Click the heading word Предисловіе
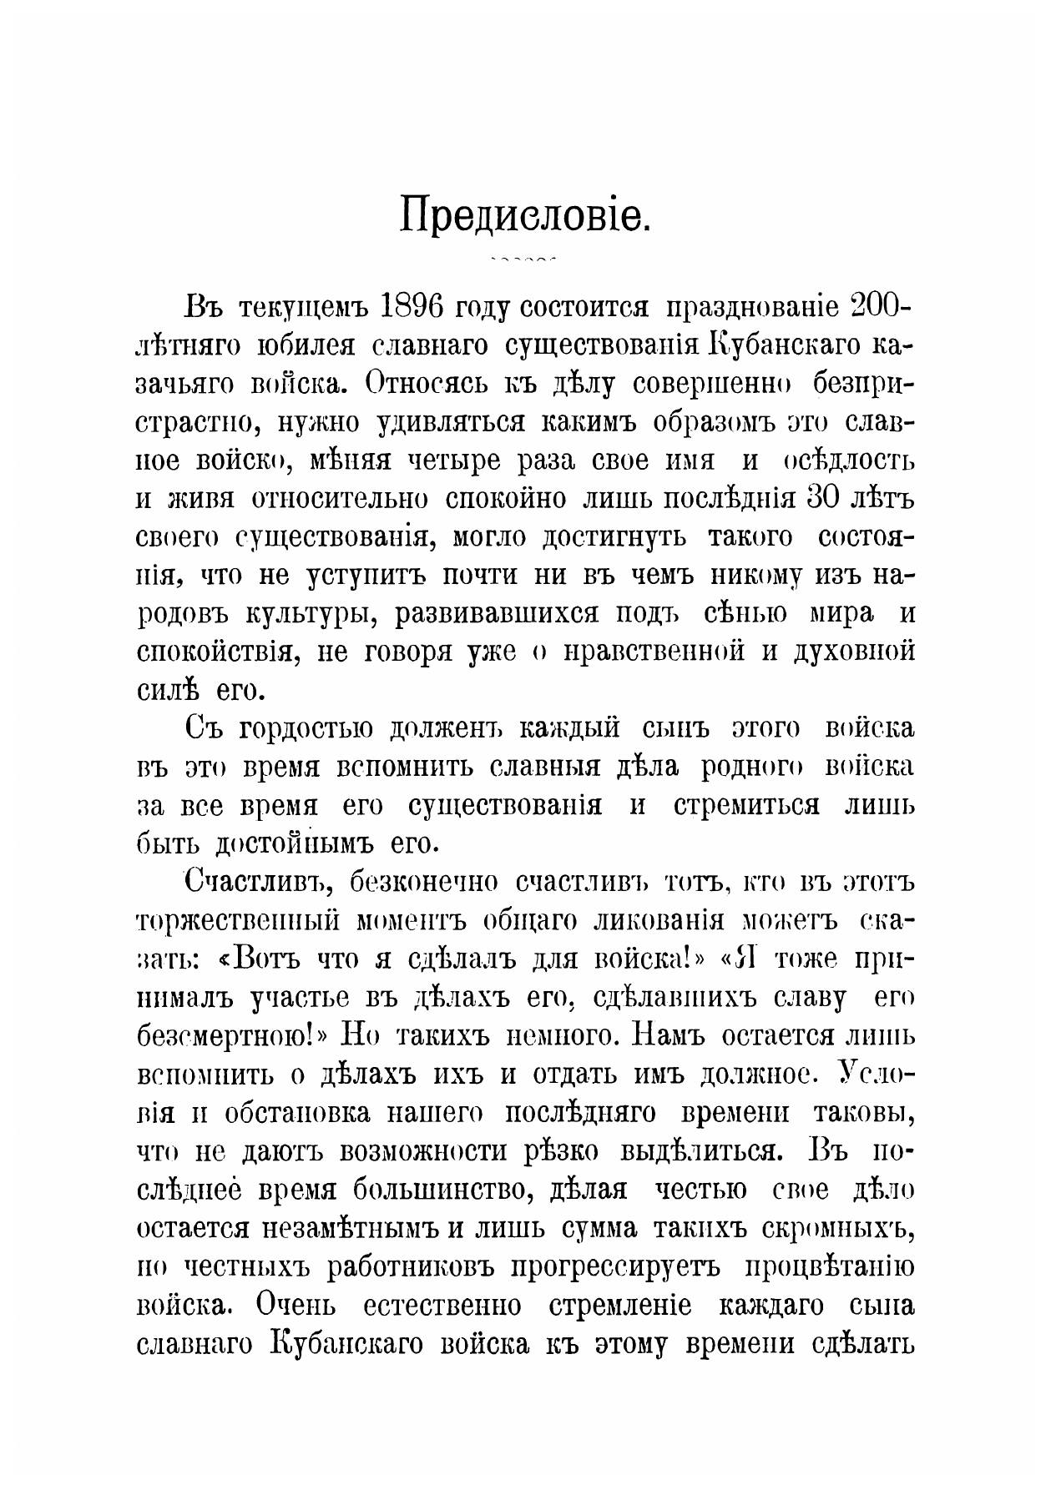point(524,217)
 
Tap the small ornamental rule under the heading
point(524,260)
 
